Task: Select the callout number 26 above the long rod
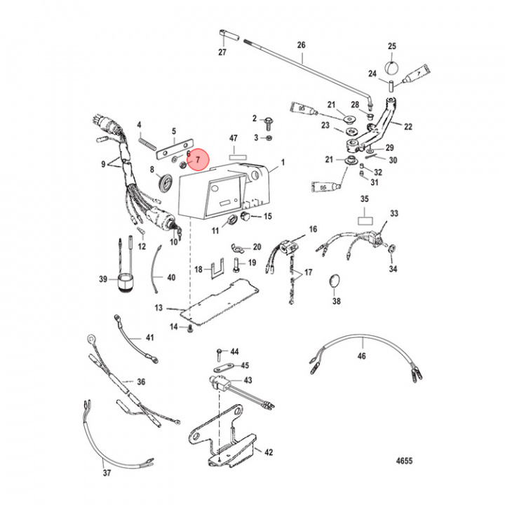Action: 302,46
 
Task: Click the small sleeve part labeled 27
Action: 225,35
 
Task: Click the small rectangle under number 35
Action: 365,220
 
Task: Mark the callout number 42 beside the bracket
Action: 269,453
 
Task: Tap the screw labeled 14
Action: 189,328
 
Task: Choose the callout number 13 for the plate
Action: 159,307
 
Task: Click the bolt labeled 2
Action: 269,121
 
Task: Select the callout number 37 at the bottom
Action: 107,474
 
